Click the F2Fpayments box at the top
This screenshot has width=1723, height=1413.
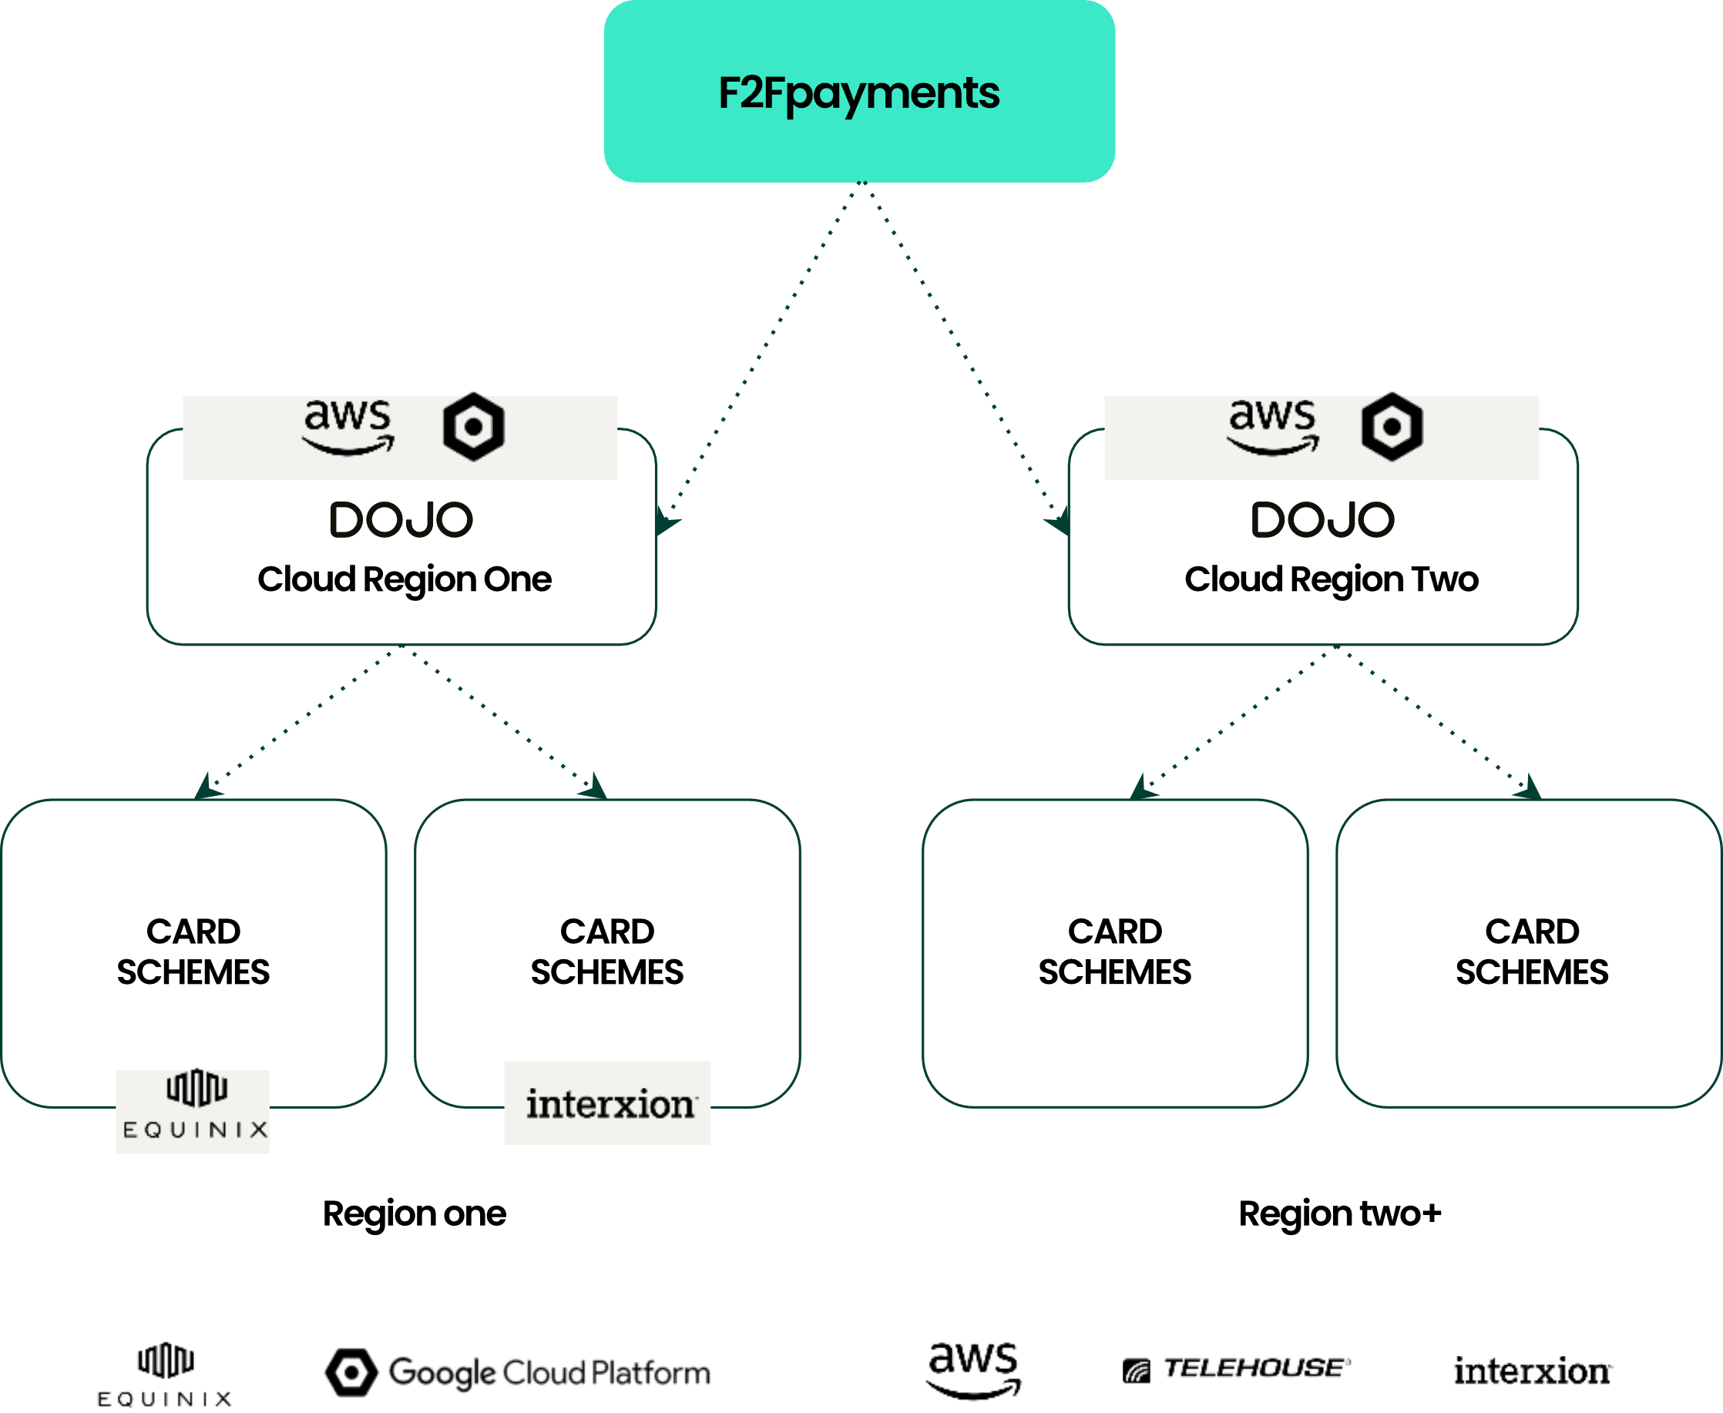click(x=858, y=91)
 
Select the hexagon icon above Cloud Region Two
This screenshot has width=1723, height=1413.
click(x=1392, y=427)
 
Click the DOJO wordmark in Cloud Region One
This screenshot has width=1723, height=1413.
click(x=401, y=520)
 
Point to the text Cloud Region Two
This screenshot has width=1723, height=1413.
click(x=1331, y=579)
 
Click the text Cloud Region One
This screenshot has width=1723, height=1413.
click(x=405, y=579)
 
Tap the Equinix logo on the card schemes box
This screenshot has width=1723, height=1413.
click(x=193, y=1111)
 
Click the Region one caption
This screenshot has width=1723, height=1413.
click(x=415, y=1213)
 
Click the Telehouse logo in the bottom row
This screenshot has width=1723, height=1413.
click(x=1236, y=1370)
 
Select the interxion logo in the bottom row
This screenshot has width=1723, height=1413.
click(x=1533, y=1371)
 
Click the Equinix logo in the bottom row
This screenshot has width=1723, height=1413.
click(x=165, y=1374)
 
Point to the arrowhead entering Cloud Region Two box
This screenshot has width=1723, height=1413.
click(x=1059, y=521)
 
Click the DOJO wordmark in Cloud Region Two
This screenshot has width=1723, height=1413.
click(x=1322, y=520)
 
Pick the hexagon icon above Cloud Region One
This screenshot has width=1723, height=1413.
click(x=474, y=427)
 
